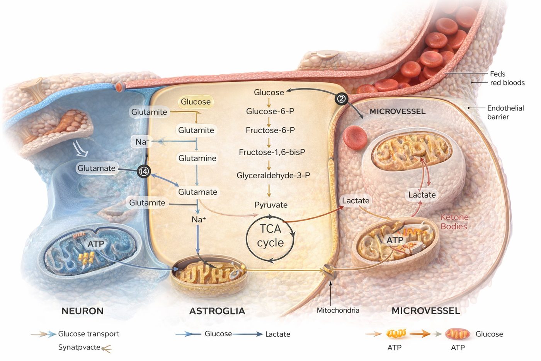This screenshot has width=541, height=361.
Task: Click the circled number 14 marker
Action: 144,171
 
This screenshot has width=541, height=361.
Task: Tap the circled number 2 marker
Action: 341,99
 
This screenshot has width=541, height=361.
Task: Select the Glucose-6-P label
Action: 270,111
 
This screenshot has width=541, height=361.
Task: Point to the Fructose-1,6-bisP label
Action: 272,152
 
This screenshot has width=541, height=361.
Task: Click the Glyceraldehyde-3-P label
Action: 273,175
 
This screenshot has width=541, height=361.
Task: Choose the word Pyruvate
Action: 271,205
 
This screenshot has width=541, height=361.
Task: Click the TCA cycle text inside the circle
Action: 270,236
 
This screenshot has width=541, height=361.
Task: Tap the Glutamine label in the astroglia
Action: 197,158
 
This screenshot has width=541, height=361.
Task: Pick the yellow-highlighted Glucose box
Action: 196,102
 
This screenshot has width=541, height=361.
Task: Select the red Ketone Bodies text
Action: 454,222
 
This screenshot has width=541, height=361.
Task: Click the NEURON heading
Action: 82,311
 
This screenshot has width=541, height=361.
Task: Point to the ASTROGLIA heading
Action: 217,311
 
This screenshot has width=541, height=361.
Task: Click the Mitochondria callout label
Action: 338,310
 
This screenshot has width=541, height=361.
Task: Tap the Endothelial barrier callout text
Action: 505,113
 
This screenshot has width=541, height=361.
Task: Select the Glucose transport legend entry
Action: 88,334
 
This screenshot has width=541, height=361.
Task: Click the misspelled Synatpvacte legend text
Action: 79,347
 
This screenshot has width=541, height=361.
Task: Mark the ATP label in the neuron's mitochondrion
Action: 96,244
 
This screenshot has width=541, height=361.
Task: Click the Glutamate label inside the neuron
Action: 96,168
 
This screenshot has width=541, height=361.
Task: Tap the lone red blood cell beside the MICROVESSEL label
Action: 355,137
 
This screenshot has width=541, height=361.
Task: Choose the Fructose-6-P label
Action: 270,130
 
